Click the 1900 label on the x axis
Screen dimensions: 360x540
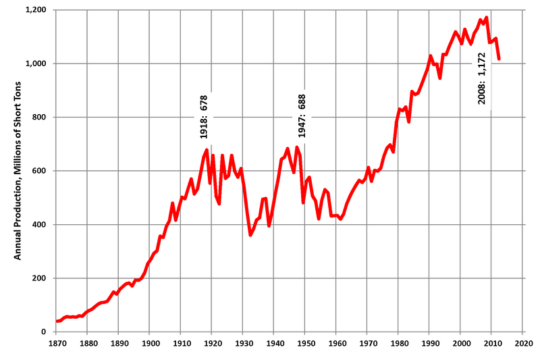click(x=149, y=343)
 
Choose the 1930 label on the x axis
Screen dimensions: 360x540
click(x=242, y=343)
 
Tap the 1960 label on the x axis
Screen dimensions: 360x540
click(x=335, y=343)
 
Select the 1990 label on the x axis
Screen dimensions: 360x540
click(x=429, y=343)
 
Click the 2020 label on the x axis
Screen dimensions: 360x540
click(x=522, y=343)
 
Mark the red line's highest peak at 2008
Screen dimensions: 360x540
click(x=486, y=18)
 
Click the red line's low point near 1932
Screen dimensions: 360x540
click(x=250, y=235)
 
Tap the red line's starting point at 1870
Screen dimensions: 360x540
click(x=57, y=322)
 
